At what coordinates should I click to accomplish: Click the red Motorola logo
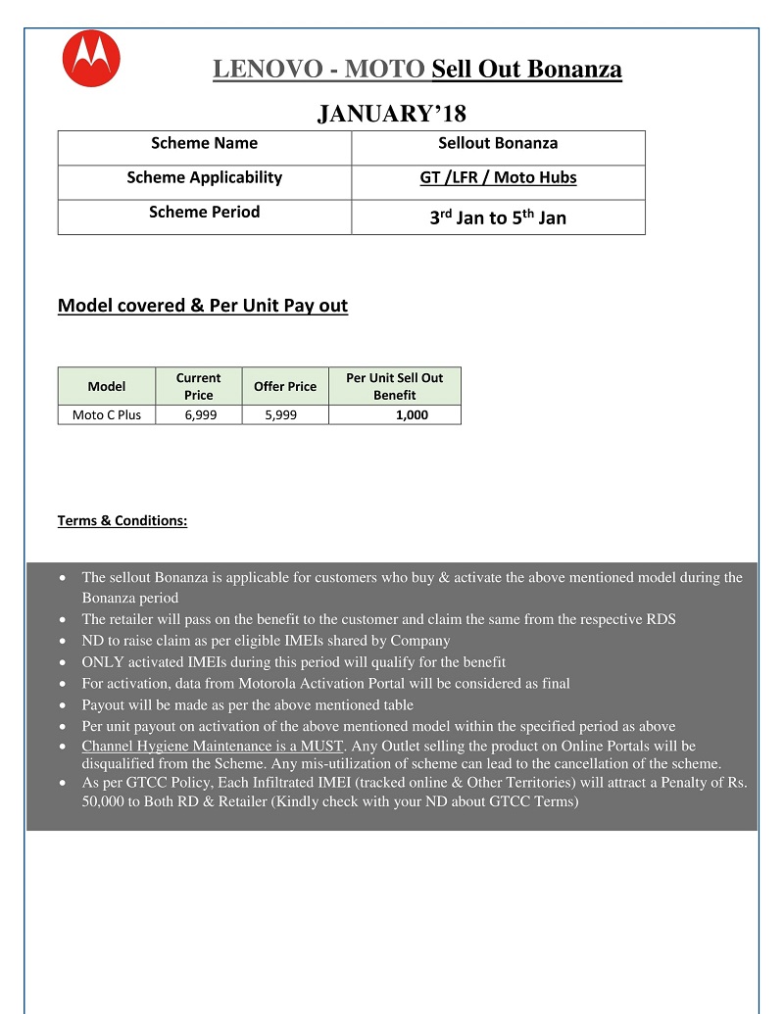91,60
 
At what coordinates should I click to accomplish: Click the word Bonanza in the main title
574,70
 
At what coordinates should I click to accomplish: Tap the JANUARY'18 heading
391,115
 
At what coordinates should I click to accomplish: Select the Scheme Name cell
204,143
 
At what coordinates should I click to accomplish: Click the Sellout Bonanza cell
498,143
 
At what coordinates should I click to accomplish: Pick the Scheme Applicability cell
204,177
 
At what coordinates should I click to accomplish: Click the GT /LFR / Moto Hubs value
498,177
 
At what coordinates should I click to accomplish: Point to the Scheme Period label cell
204,212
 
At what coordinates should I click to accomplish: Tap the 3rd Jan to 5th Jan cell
498,217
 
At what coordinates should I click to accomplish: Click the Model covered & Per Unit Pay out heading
203,306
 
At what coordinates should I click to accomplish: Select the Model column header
107,386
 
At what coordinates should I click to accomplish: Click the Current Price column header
198,386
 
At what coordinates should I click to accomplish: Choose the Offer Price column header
285,386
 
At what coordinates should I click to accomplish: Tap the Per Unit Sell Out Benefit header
394,386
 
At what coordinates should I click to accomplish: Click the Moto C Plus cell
107,414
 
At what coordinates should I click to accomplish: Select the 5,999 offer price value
280,414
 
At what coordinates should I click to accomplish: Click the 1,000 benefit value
412,414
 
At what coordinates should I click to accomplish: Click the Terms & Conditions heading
122,520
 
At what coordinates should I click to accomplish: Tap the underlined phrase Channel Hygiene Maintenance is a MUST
213,747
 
